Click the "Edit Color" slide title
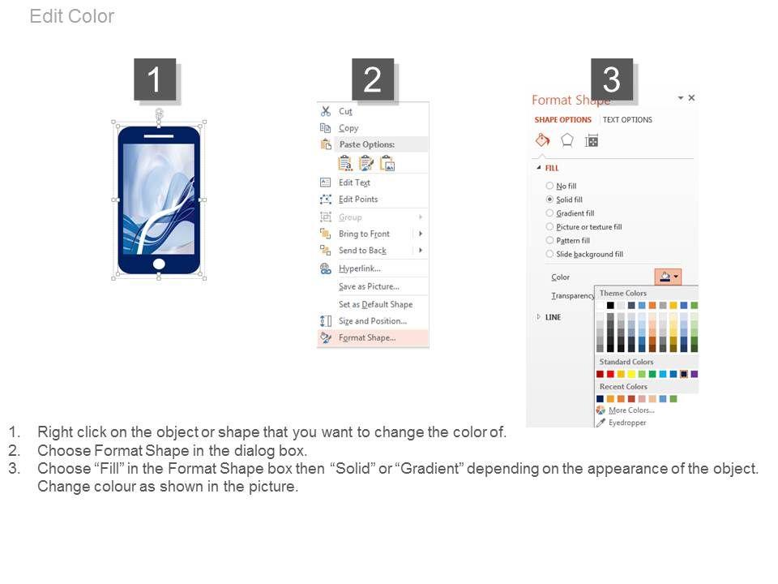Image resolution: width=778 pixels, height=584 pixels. pos(72,16)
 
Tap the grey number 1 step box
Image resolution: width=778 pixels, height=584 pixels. pos(155,79)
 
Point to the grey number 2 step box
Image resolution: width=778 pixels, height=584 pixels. pos(373,79)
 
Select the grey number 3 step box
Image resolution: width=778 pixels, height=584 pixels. pos(612,79)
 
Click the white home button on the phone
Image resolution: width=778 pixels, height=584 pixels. pos(159,264)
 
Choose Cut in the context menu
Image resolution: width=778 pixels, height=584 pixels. pos(345,111)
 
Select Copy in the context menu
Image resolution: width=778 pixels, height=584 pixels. pos(348,128)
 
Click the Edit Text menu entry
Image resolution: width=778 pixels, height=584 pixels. pos(354,182)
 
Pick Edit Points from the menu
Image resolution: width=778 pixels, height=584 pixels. pos(358,200)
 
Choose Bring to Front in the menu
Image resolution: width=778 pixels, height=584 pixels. pos(364,234)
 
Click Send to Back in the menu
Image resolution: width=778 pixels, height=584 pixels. pos(363,251)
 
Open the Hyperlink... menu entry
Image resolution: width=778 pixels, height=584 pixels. pos(360,268)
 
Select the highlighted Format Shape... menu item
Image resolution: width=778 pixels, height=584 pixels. pos(367,337)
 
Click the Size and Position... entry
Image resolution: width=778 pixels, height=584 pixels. pos(373,321)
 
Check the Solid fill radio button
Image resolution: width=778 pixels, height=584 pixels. pos(549,200)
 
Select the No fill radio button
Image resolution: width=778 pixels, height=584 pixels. pos(549,186)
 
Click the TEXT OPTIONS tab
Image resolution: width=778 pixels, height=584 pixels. pos(627,120)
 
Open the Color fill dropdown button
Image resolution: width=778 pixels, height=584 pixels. pos(668,277)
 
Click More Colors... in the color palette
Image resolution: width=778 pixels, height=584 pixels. pos(631,410)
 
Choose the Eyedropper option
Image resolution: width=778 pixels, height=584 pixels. pos(627,423)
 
